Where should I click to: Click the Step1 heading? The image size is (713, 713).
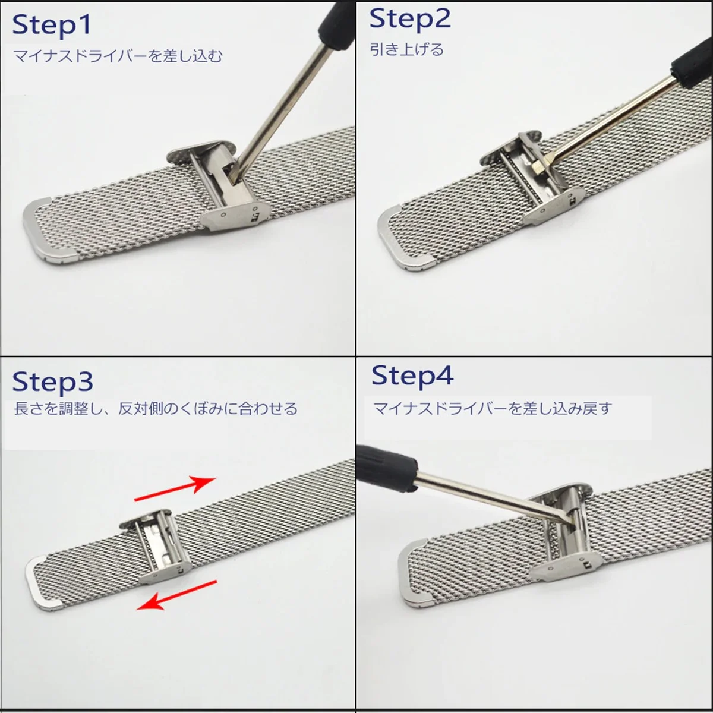tap(52, 25)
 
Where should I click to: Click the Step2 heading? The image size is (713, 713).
tap(410, 19)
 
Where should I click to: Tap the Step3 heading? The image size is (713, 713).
tap(52, 382)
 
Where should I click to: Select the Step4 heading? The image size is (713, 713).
tap(412, 376)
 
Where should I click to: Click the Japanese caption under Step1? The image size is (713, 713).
tap(118, 56)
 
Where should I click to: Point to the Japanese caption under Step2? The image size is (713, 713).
tap(407, 49)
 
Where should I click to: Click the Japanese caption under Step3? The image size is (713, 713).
tap(156, 409)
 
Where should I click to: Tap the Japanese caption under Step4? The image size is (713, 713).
tap(492, 409)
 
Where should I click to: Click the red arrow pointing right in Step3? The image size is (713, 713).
tap(174, 488)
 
